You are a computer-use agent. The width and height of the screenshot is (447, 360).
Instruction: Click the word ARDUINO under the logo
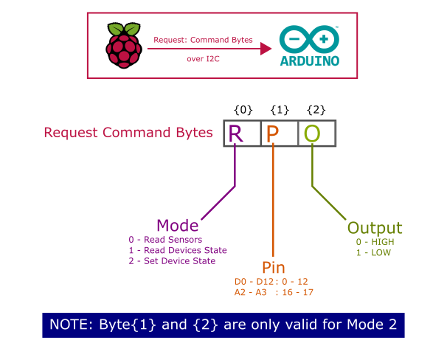tap(310, 62)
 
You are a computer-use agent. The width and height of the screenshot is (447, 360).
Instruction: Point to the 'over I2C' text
tap(204, 59)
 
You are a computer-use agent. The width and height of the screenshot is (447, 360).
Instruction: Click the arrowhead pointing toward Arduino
tap(264, 49)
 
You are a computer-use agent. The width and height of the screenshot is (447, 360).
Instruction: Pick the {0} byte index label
tap(243, 110)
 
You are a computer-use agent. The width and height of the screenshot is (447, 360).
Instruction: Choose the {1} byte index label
tap(280, 110)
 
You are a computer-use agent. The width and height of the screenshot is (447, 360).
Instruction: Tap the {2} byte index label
tap(316, 110)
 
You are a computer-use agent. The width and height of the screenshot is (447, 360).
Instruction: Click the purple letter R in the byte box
tap(235, 134)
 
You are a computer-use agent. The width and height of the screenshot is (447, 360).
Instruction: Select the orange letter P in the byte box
tap(273, 134)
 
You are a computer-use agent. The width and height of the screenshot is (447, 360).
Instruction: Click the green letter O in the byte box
tap(312, 134)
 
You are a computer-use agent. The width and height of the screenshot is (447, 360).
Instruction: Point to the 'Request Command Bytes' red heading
tap(128, 134)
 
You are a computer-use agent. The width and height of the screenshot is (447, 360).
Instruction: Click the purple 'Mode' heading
tap(178, 225)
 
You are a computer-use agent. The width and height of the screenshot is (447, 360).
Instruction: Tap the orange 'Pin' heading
tap(273, 267)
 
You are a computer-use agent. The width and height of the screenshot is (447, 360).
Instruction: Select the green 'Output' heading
tap(374, 227)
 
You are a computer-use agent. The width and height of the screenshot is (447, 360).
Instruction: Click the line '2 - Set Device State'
tap(172, 261)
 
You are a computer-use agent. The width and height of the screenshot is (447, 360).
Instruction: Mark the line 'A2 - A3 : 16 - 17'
tap(274, 293)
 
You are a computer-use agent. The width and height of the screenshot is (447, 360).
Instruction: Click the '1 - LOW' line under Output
tap(373, 252)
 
